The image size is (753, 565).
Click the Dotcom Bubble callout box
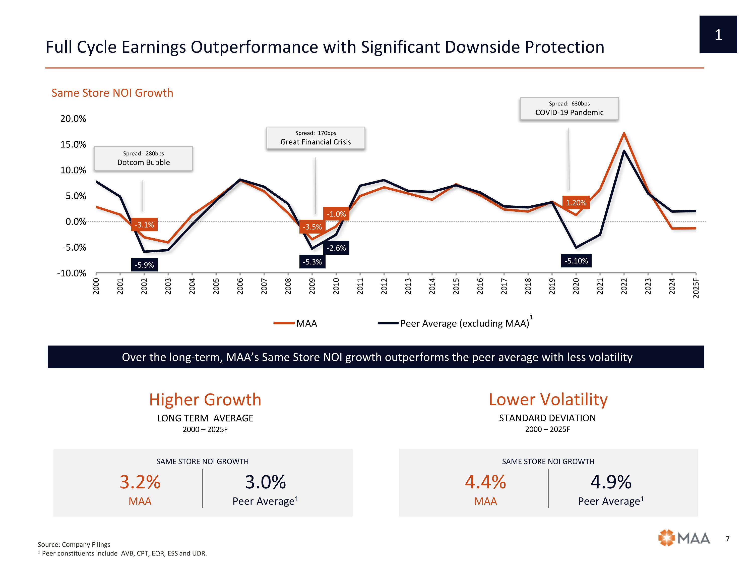143,158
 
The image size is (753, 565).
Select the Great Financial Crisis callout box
316,138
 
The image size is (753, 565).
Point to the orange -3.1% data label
144,225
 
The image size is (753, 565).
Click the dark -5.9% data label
144,265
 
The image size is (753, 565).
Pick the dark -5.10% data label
576,261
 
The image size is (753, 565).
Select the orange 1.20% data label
576,203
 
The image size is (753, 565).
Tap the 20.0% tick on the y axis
73,119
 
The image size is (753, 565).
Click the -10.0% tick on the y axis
72,273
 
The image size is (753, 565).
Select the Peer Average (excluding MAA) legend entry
455,323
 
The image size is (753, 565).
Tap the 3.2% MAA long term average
140,482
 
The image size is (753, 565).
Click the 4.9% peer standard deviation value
611,482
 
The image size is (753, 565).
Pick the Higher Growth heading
205,400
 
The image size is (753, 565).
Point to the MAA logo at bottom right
684,538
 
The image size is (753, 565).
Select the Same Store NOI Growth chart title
112,93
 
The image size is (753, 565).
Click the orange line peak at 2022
624,133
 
